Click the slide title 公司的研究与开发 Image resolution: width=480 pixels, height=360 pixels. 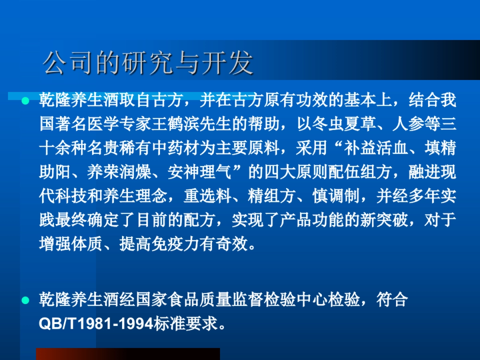[x=148, y=63]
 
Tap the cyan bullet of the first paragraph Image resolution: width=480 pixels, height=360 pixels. [x=26, y=100]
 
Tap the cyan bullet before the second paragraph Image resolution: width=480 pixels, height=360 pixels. [x=26, y=300]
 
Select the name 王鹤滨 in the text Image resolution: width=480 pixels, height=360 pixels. [x=184, y=124]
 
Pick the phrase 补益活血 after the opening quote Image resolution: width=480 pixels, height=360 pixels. [x=376, y=148]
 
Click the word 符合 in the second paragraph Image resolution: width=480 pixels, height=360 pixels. [x=392, y=300]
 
